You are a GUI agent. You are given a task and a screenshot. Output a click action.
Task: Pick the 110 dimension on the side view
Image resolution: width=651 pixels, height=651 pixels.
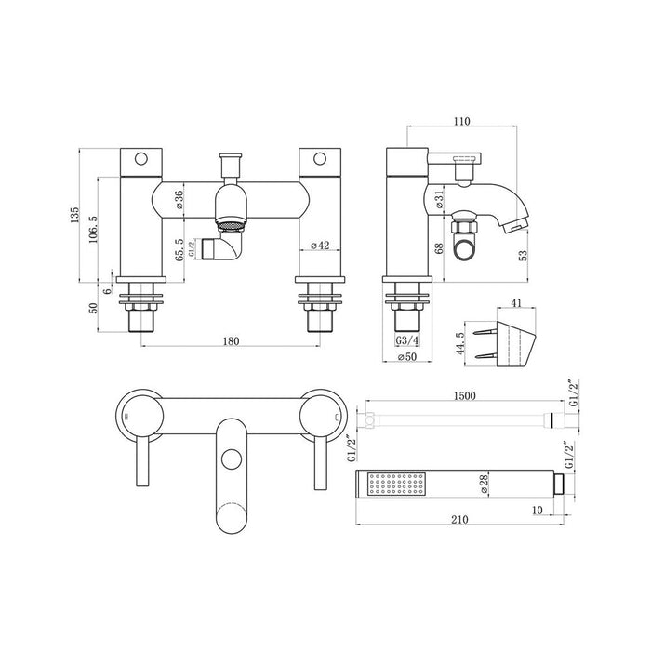[x=463, y=121]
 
